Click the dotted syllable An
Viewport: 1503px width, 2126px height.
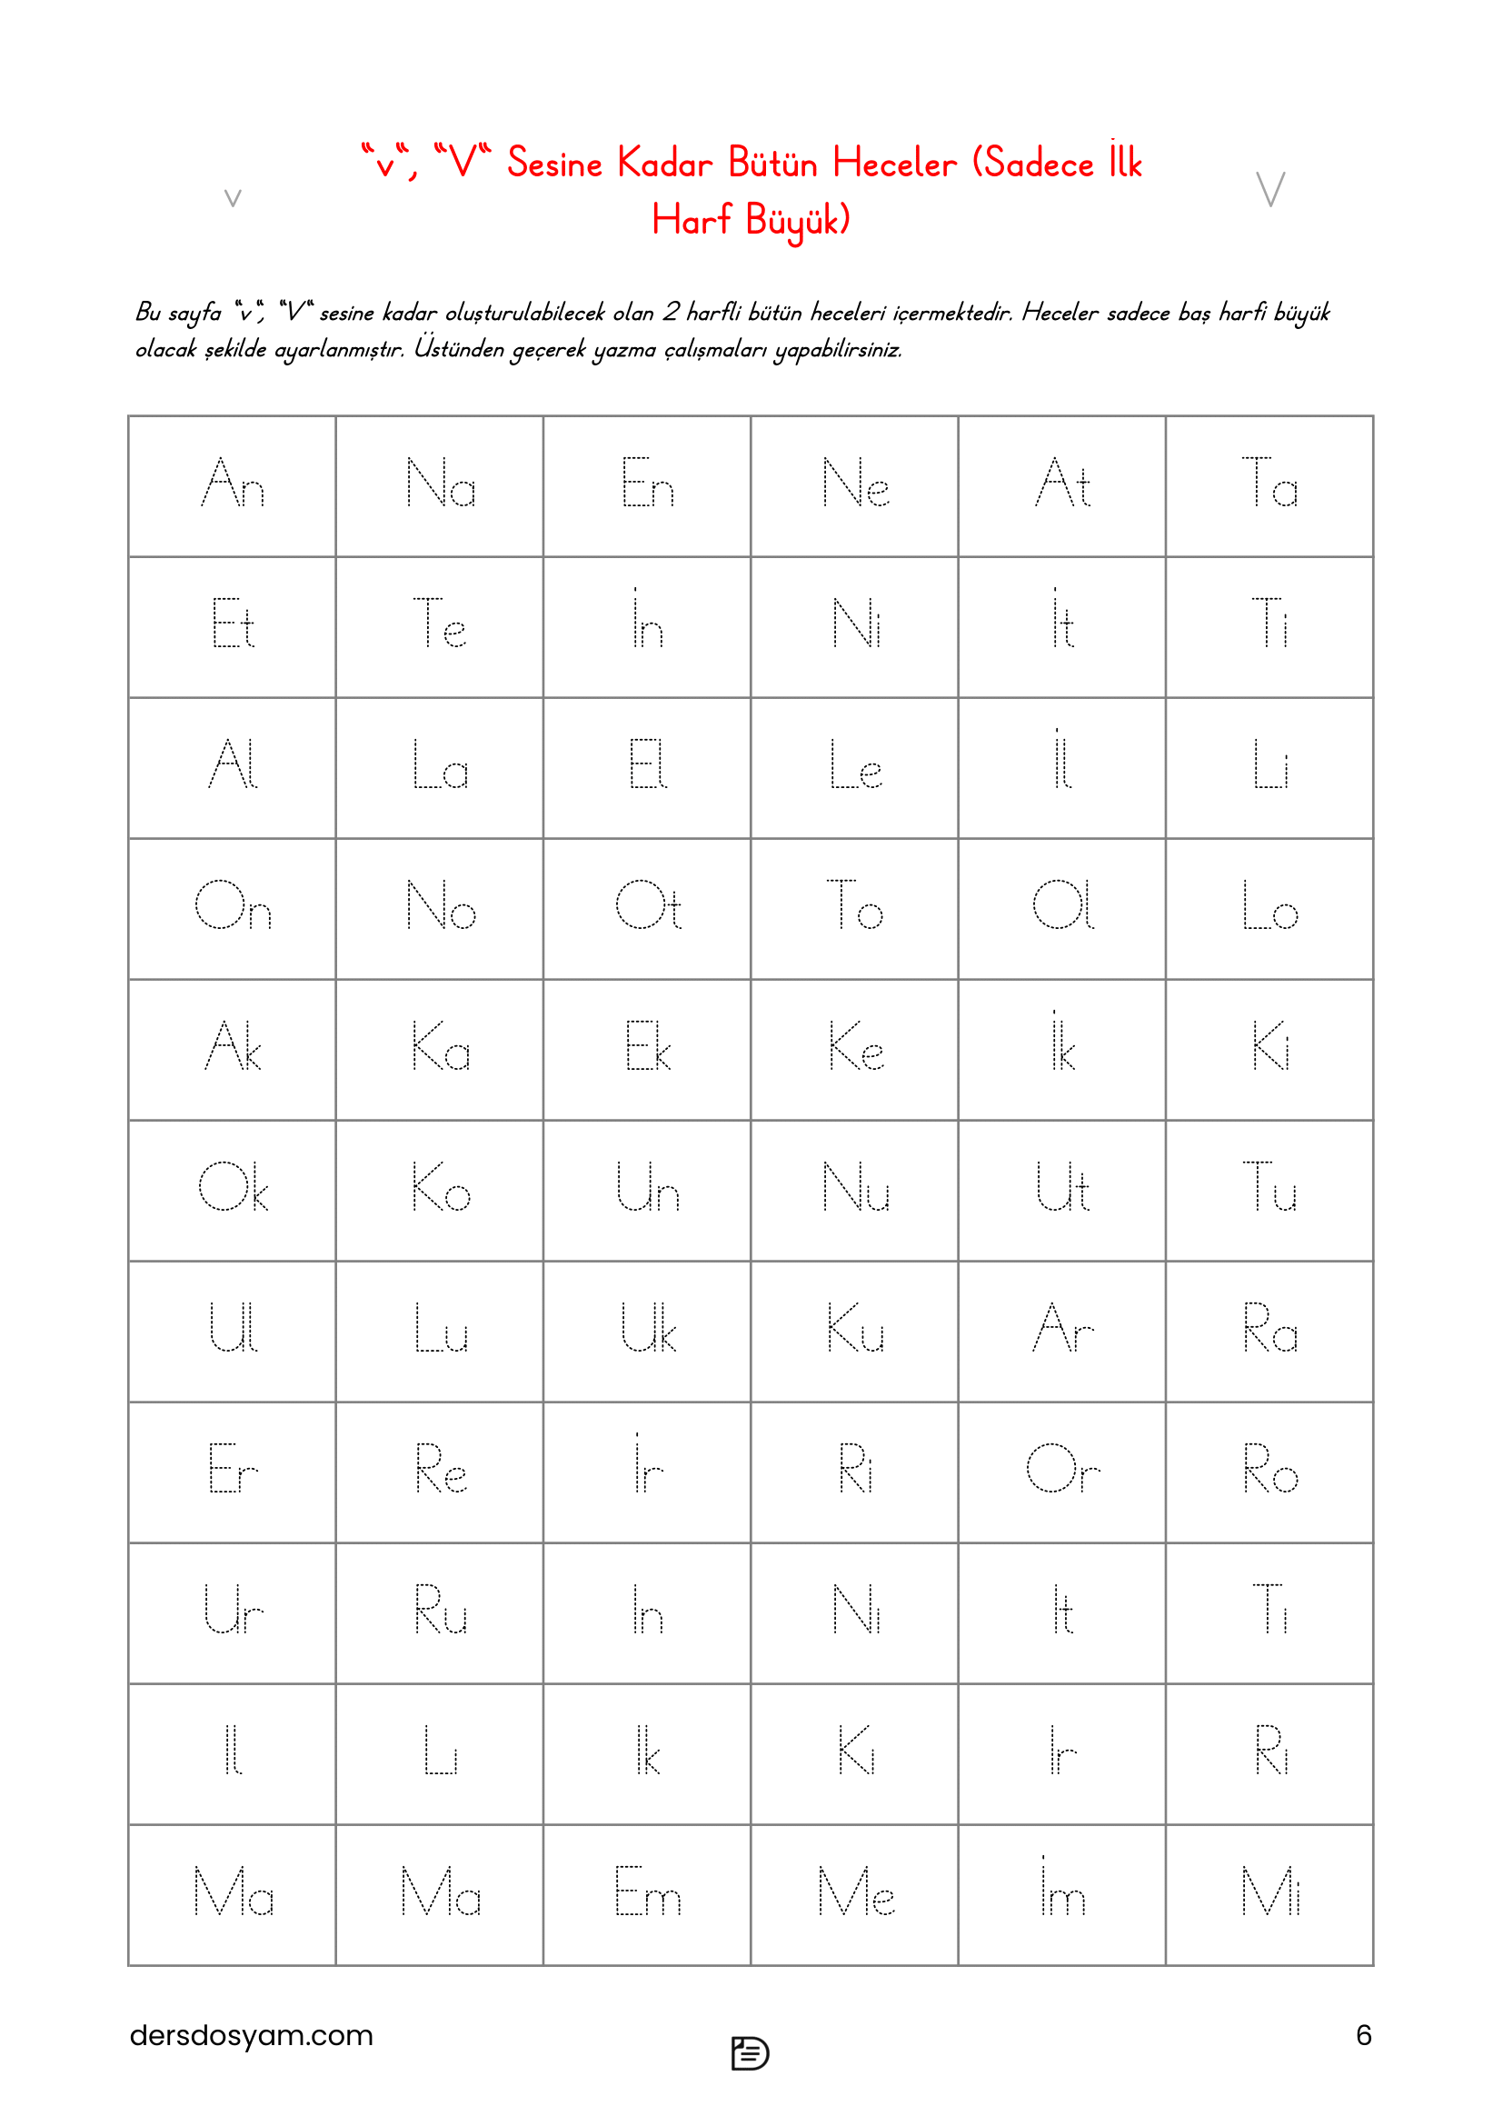point(233,484)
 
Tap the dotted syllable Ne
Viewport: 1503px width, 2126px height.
point(855,484)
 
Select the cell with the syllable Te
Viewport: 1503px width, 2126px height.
point(440,625)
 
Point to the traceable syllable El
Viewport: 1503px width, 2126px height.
point(647,765)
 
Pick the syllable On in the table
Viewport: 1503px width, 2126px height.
point(233,906)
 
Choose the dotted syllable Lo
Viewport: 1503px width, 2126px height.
point(1269,906)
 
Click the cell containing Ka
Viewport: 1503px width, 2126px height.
point(440,1047)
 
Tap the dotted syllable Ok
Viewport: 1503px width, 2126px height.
point(233,1188)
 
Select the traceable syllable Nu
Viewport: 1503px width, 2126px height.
point(855,1188)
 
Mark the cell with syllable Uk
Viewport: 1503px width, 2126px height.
point(647,1329)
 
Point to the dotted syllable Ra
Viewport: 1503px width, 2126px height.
point(1269,1329)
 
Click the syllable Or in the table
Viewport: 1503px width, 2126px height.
point(1062,1470)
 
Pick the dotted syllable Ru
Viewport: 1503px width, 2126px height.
point(440,1611)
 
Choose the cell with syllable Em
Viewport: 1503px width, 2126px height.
point(647,1891)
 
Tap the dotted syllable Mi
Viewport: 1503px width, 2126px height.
point(1269,1891)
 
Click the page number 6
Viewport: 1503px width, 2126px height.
point(1363,2034)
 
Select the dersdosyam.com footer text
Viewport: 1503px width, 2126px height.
point(251,2034)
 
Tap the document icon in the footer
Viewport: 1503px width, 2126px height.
point(750,2053)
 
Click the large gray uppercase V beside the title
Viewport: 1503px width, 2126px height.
point(1269,189)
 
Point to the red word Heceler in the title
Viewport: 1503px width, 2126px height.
point(894,164)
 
